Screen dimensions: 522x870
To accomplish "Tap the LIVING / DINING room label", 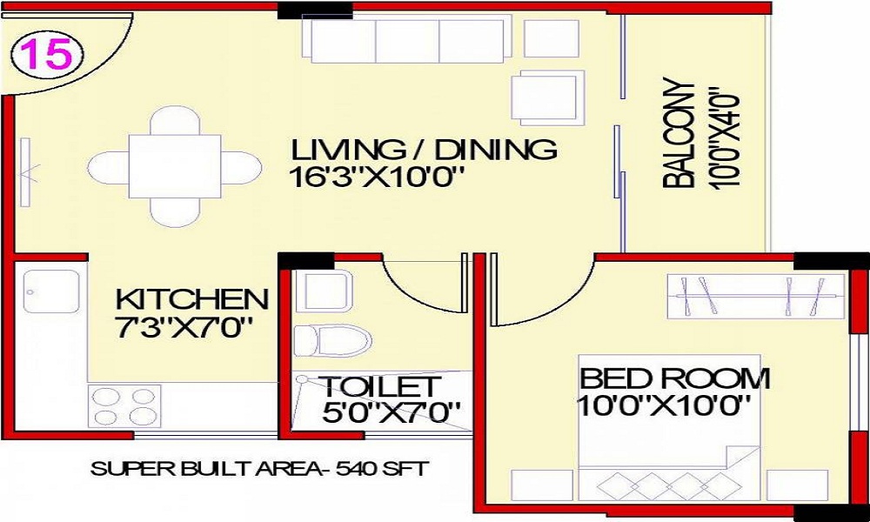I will click(x=424, y=149).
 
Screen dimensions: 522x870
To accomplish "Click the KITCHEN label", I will click(x=192, y=300).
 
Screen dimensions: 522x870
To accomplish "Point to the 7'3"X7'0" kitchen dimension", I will click(x=184, y=328).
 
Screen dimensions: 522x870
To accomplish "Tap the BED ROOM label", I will click(x=674, y=379).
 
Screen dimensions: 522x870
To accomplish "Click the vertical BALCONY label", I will click(x=679, y=135).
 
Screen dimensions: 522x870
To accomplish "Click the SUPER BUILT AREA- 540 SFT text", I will click(x=259, y=470).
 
